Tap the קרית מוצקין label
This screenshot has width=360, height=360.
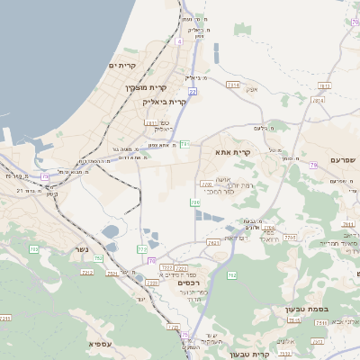(145, 87)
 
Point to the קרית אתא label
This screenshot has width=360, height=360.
(233, 153)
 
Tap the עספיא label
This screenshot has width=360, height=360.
(101, 344)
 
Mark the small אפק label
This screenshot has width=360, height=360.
(252, 89)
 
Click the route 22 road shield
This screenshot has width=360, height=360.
(193, 92)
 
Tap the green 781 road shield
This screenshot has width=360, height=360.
(184, 144)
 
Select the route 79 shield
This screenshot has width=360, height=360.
(313, 165)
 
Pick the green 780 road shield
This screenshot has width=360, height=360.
(195, 202)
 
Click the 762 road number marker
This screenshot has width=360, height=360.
(232, 274)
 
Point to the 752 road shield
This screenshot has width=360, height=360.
(98, 259)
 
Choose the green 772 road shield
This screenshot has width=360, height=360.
(142, 248)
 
